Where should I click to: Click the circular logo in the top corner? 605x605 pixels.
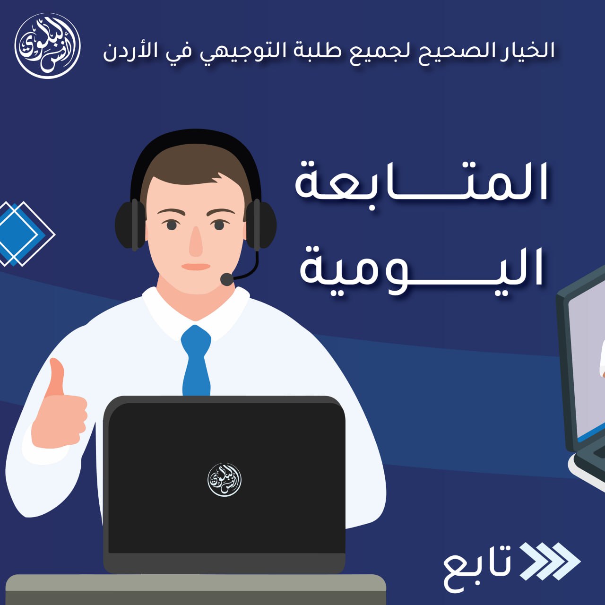47,46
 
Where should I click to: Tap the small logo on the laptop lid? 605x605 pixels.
225,480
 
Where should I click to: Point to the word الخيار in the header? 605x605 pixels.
527,50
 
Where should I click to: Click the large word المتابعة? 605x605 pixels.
421,183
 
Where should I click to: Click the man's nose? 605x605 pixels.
196,242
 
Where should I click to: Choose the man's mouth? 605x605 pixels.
196,267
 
